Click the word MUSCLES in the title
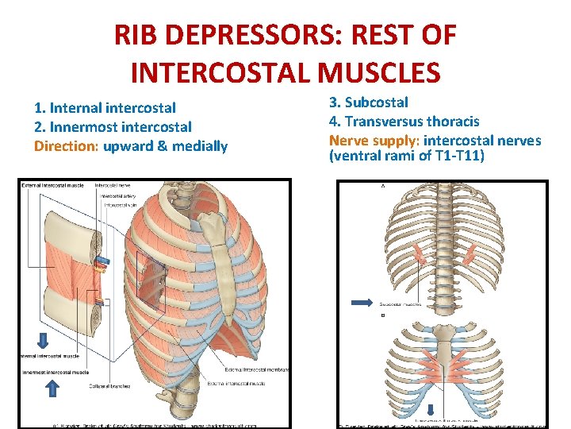pos(378,73)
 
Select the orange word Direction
pos(66,146)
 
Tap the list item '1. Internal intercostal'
pos(105,107)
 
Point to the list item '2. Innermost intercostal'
pos(113,126)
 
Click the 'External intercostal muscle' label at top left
pos(54,185)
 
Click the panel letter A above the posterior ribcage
pos(384,186)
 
